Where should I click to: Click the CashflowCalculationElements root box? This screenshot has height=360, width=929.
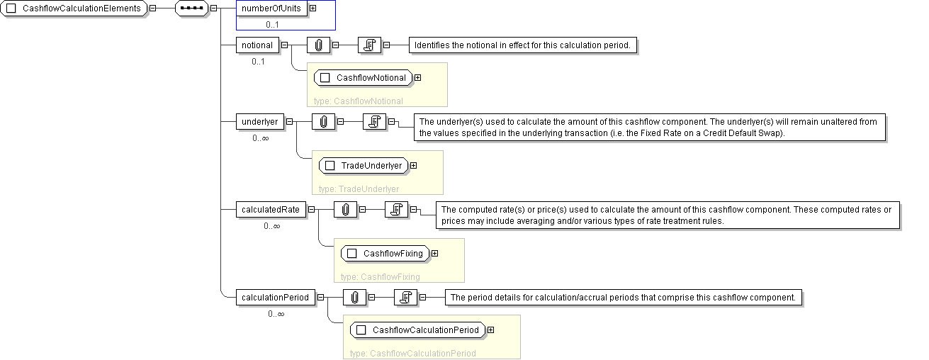74,9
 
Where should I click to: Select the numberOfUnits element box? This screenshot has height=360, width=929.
271,9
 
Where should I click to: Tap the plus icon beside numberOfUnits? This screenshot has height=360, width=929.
313,9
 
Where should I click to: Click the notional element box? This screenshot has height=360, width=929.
257,45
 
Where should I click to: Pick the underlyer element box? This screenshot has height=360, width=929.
259,121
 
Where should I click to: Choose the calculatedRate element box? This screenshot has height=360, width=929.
270,210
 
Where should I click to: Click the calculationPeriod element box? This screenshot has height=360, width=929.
275,298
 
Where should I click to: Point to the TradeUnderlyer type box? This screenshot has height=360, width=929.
364,166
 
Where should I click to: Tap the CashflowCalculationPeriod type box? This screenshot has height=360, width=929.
418,330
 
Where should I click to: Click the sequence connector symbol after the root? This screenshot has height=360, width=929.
192,9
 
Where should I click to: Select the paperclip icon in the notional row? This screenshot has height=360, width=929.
319,45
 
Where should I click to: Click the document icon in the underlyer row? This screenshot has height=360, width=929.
374,122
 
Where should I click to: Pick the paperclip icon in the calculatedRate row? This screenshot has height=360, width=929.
345,210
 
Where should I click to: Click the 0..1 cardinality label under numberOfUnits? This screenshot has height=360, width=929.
273,24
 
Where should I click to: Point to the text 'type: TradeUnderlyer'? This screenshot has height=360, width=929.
359,189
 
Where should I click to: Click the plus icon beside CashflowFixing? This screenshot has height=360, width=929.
435,254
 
